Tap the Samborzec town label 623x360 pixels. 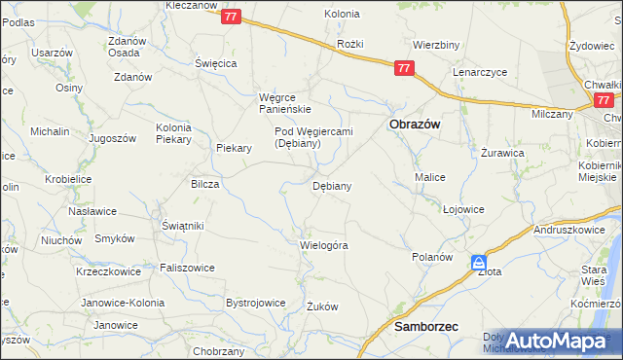point(426,328)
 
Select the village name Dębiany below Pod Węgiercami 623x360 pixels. point(331,185)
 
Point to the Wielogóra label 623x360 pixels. point(324,245)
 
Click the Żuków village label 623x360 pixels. point(321,306)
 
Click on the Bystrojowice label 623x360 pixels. point(255,303)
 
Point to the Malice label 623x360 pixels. point(430,178)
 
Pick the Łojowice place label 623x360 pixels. point(463,209)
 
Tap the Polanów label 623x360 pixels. point(432,257)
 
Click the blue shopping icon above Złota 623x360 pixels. point(480,262)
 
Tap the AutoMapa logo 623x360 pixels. point(557,342)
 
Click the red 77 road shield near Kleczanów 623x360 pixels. point(231,18)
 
